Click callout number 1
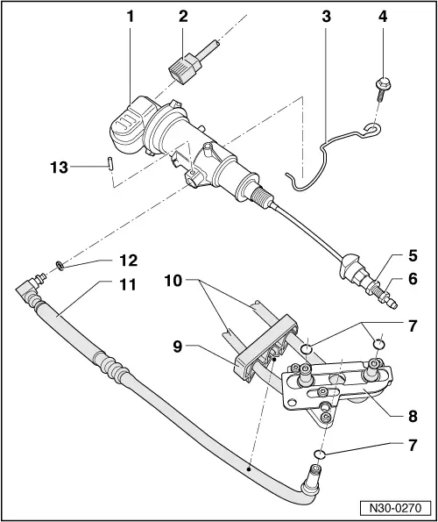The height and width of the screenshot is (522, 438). (131, 17)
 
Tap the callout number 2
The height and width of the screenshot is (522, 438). (182, 17)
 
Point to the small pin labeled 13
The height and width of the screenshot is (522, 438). (106, 165)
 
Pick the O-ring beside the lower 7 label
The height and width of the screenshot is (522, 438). (321, 454)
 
